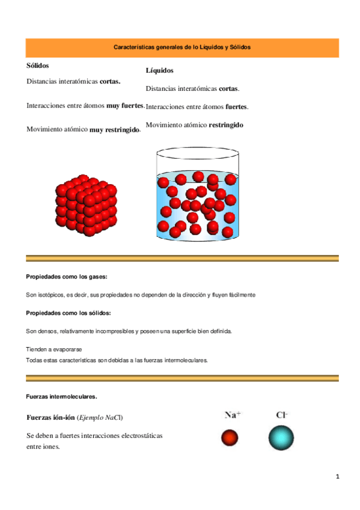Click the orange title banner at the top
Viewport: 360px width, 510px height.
[x=182, y=47]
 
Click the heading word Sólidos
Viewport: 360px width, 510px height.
[x=38, y=65]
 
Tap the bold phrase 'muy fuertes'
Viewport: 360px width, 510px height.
[x=125, y=105]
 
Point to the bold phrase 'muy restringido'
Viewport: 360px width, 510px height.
[x=114, y=129]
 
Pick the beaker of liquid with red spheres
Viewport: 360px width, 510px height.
[x=197, y=198]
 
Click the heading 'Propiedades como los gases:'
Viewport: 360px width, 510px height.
[x=67, y=277]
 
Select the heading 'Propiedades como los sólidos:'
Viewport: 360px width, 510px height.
[x=69, y=313]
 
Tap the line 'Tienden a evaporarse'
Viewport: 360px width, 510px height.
[x=54, y=349]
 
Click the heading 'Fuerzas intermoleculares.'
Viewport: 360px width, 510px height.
[x=61, y=397]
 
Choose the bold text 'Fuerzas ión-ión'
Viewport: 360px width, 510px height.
[x=50, y=418]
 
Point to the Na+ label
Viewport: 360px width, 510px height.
[x=233, y=414]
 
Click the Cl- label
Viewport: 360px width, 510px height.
[x=281, y=414]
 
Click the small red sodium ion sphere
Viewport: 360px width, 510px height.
[x=230, y=438]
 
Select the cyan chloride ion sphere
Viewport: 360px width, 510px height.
[x=281, y=438]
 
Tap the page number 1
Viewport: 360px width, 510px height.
[x=338, y=477]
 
